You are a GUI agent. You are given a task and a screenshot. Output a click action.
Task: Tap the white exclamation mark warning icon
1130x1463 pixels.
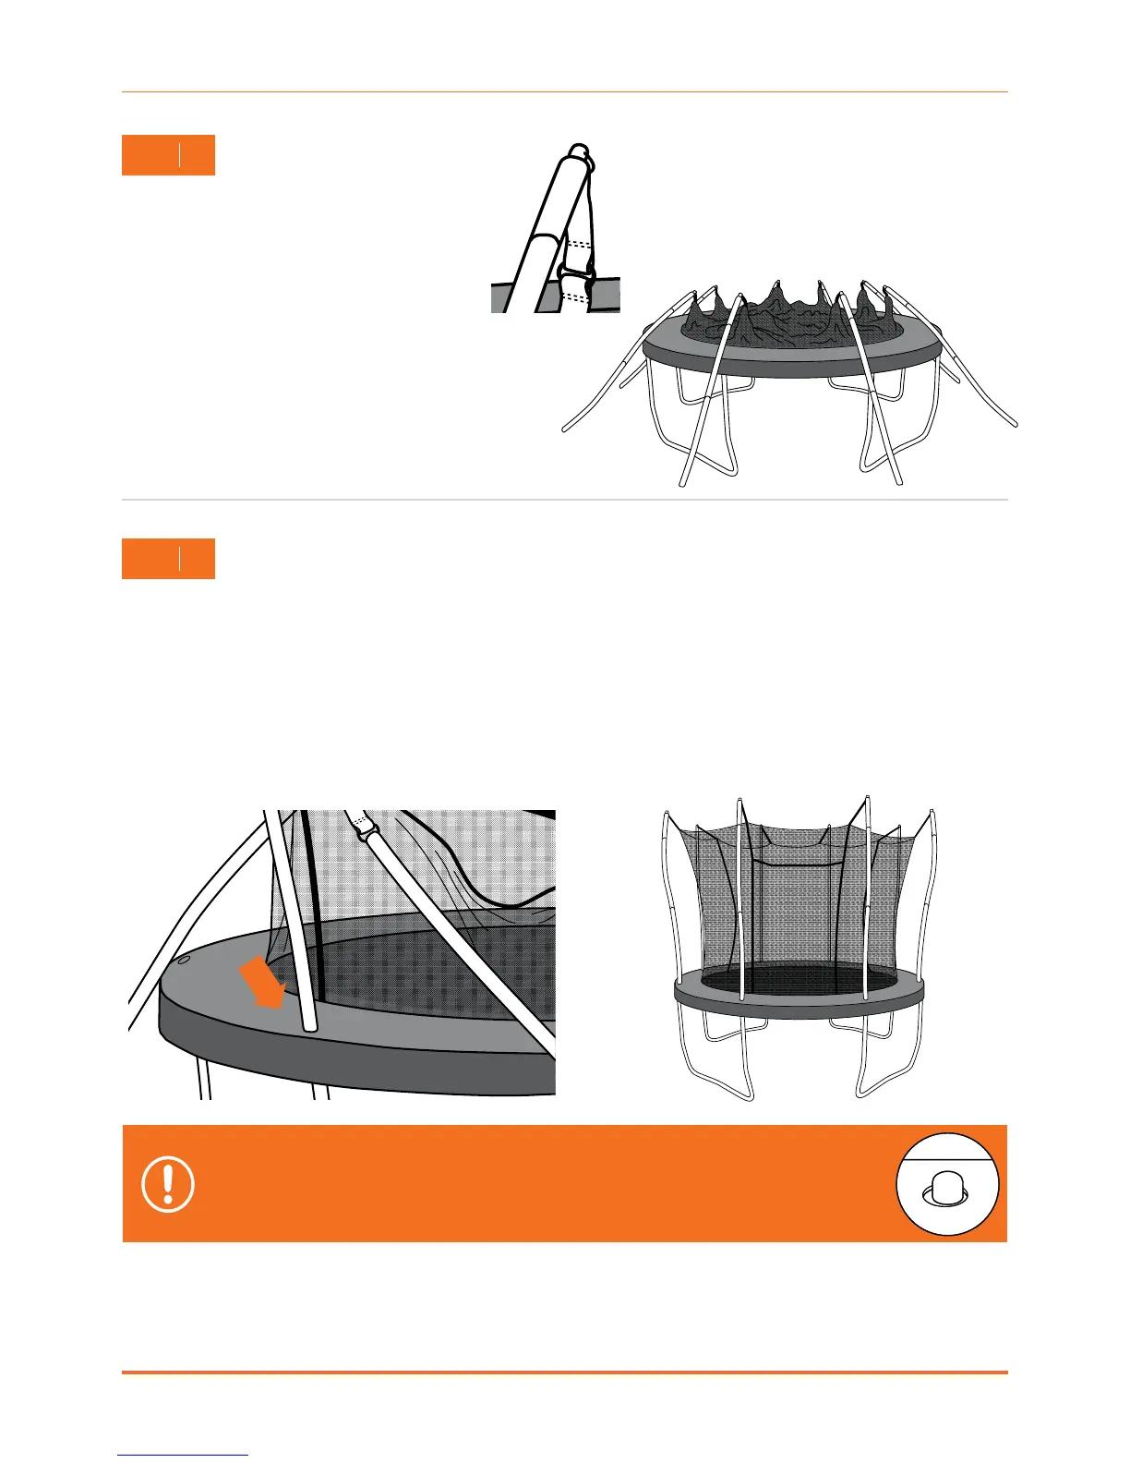coord(168,1184)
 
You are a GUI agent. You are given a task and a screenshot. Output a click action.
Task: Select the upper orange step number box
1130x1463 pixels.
coord(168,155)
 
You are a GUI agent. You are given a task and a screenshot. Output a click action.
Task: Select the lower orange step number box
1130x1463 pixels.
coord(168,559)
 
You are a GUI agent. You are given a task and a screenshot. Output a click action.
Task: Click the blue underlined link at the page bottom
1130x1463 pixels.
coord(183,1456)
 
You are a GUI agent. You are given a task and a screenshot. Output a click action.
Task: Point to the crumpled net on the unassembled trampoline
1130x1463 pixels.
coord(785,319)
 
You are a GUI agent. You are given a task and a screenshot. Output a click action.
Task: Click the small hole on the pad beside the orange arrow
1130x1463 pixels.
coord(183,960)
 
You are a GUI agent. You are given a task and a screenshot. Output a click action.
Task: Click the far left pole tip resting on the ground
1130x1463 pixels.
coord(566,429)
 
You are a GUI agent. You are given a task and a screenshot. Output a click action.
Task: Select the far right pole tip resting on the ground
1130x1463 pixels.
coord(1015,425)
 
